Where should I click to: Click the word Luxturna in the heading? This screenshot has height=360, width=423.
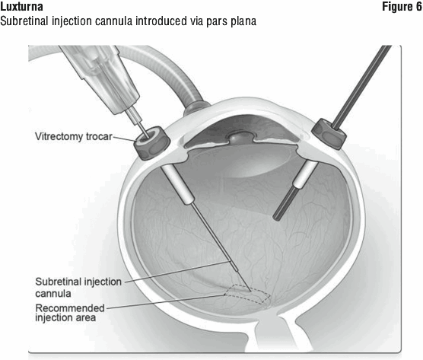point(21,7)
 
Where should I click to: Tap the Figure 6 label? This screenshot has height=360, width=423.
point(402,7)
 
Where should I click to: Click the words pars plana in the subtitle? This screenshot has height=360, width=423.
point(231,21)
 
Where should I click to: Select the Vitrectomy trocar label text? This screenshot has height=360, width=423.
point(73,136)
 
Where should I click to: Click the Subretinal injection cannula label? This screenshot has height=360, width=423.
point(78,288)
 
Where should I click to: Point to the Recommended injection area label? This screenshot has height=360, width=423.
point(70,313)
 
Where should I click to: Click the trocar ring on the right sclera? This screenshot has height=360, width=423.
point(329,134)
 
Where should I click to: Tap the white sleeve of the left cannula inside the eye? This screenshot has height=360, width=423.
point(178,185)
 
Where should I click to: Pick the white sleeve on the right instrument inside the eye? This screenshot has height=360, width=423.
point(305,174)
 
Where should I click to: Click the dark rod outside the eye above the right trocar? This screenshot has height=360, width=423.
point(361,86)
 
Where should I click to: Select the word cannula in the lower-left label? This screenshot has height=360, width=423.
point(53,294)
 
